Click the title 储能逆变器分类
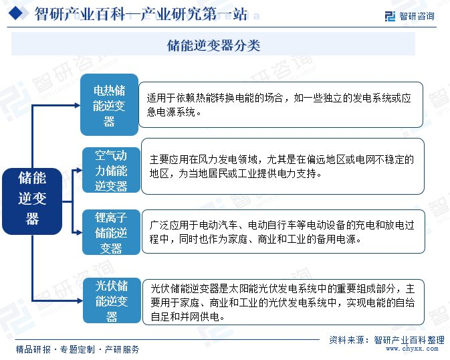[213, 45]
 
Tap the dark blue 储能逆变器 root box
[32, 197]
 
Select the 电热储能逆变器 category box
[109, 105]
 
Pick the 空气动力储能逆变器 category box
[110, 170]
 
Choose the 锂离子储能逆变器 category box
[111, 232]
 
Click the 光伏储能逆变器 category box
[111, 301]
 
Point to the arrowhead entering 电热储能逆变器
[76, 105]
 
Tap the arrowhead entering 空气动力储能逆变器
[78, 170]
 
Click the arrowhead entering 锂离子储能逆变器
[78, 232]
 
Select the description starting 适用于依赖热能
[281, 104]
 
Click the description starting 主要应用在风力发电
[283, 166]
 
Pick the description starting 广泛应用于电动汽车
[283, 232]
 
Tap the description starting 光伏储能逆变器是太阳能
[283, 302]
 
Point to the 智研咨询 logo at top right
[409, 15]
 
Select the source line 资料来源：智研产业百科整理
[386, 339]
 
